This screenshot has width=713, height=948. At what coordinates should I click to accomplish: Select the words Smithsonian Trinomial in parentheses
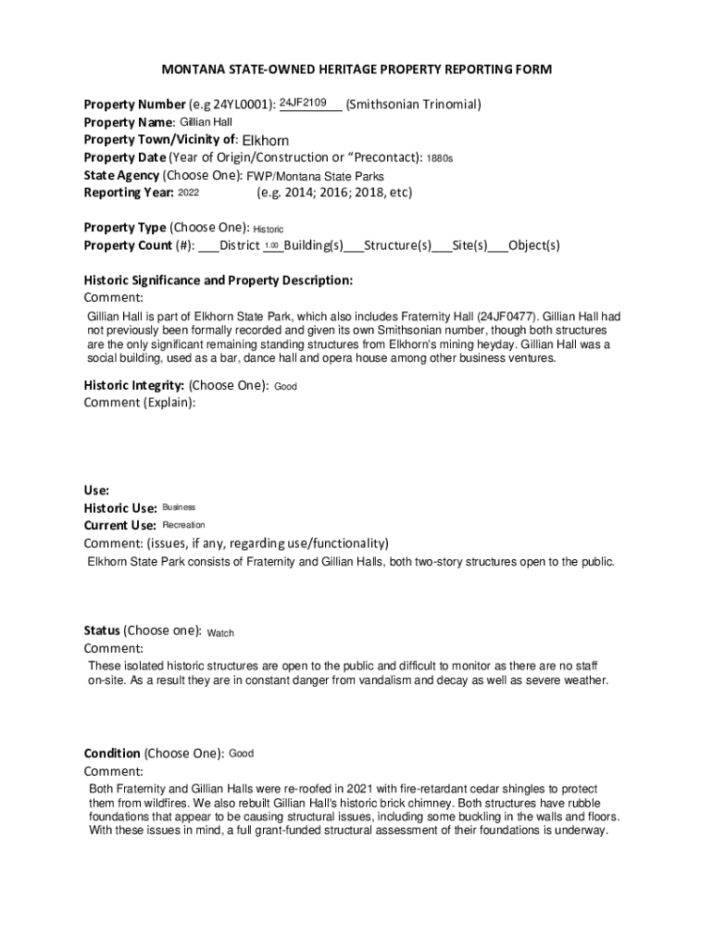(413, 105)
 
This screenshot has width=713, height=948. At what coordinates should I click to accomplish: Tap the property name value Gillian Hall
(206, 122)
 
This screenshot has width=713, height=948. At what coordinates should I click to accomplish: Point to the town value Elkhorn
(265, 141)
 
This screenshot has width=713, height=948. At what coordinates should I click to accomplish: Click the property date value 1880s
(440, 158)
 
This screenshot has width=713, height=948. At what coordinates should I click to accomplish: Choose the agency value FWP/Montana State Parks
(315, 176)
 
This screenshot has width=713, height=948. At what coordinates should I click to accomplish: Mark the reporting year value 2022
(188, 193)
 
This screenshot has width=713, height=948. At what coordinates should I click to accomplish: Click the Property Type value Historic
(269, 229)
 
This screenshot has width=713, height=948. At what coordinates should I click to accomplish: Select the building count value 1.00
(271, 245)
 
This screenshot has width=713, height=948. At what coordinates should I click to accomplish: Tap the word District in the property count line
(239, 245)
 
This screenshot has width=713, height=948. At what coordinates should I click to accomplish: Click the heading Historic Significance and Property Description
(218, 280)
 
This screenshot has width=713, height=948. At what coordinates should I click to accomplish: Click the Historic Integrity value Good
(285, 386)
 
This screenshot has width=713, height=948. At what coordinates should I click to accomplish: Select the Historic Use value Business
(179, 507)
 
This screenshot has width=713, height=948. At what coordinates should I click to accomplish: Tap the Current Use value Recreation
(183, 525)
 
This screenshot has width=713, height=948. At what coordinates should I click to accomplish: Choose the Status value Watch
(220, 633)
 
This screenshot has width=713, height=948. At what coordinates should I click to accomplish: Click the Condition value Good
(241, 754)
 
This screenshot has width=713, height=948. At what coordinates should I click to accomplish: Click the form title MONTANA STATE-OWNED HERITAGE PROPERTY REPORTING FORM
(356, 69)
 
